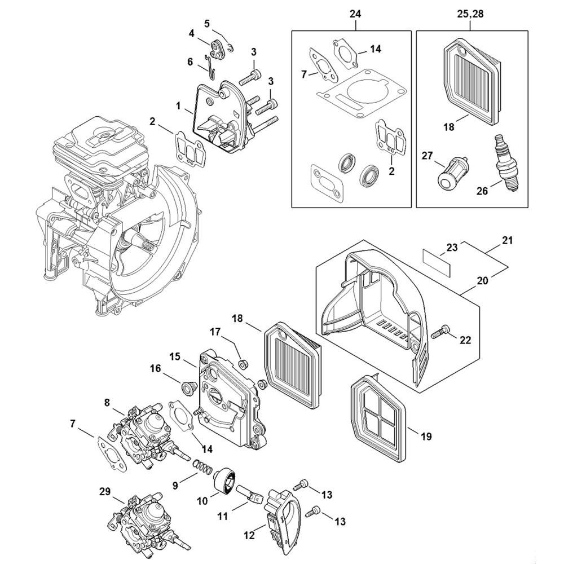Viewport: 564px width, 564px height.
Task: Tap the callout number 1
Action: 178,105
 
